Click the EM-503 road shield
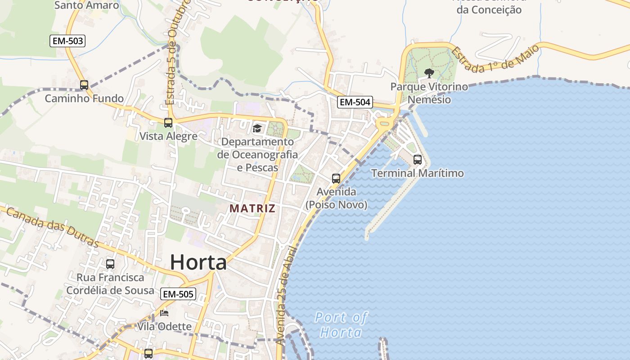coord(67,41)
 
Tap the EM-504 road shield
coord(355,102)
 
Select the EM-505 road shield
coord(178,294)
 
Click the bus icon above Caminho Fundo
coord(84,85)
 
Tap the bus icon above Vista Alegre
coord(168,122)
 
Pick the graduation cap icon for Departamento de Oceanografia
coord(257,129)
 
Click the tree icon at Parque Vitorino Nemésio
coord(429,73)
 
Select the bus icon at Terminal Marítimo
coord(418,159)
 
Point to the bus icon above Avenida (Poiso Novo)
coord(336,178)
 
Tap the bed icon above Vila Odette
coord(164,313)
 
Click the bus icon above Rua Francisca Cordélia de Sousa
coord(110,264)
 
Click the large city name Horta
coord(198,262)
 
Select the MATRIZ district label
coord(252,208)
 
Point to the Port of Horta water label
coord(341,325)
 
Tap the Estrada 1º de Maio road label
coord(495,58)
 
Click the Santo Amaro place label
coord(86,5)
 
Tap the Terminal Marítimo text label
coord(417,173)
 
